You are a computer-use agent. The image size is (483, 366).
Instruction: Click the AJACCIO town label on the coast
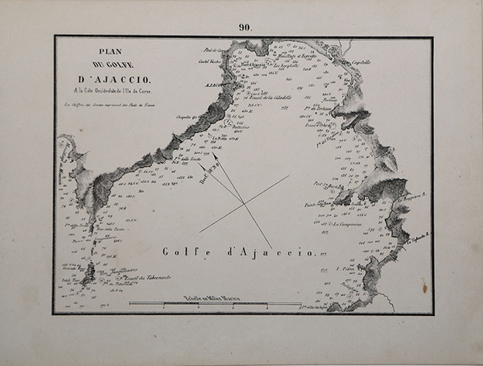(x=211, y=83)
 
